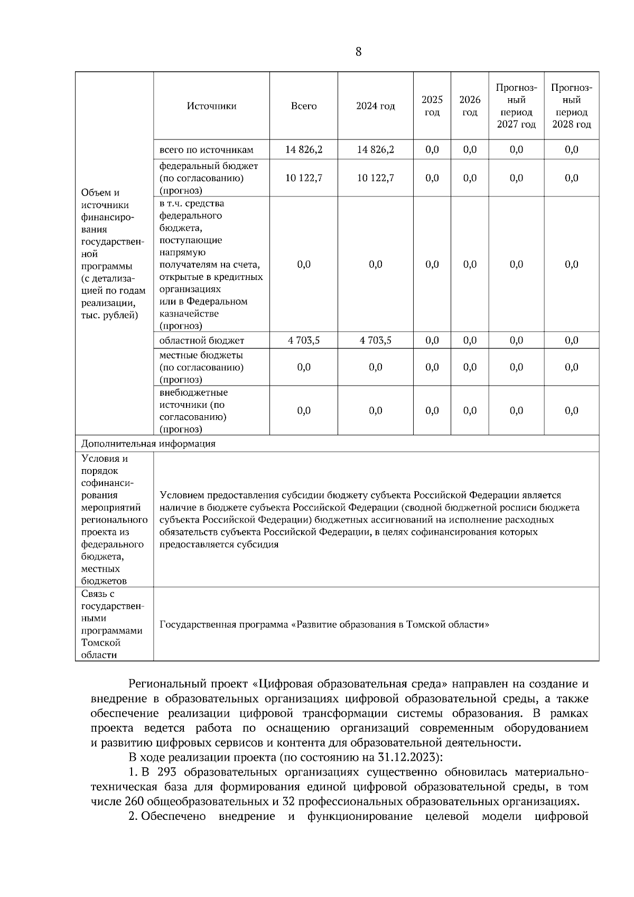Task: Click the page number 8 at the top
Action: pos(359,52)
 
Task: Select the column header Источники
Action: pos(211,106)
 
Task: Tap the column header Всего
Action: pos(304,106)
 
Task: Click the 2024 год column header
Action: pos(375,106)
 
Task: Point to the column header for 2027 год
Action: pos(516,106)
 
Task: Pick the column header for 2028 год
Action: pos(572,106)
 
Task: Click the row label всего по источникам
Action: pos(206,150)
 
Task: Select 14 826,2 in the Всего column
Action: pos(304,150)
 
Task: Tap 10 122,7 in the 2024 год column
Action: pos(375,178)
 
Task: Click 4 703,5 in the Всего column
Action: pos(304,341)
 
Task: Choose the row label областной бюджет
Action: pos(202,341)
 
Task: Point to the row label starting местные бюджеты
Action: pos(201,367)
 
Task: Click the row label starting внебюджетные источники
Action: pos(193,411)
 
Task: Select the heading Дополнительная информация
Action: pos(148,444)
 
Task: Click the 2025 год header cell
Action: pos(432,106)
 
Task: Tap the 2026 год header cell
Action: pos(470,106)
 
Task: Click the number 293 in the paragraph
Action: pos(166,772)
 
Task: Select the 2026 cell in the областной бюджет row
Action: pos(470,341)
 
